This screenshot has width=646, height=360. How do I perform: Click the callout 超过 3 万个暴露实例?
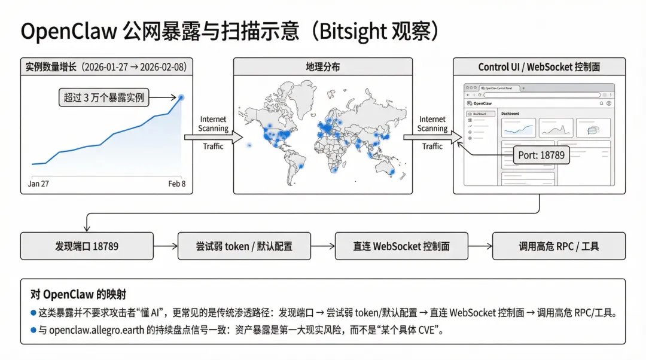point(104,97)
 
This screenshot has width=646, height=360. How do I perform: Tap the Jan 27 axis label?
point(38,184)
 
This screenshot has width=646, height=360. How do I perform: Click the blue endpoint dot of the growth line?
point(181,97)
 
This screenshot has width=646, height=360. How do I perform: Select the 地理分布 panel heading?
point(322,66)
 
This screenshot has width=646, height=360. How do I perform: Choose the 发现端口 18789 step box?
point(87,246)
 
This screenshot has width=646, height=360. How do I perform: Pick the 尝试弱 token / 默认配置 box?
point(244,246)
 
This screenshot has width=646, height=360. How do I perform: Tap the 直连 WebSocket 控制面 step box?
point(401,246)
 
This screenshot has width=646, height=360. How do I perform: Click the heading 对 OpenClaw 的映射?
point(78,294)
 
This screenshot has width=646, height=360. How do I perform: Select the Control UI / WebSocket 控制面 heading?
point(539,66)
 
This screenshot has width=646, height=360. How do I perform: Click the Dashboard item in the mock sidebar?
point(479,114)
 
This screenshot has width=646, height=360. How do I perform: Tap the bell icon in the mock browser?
point(601,103)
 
